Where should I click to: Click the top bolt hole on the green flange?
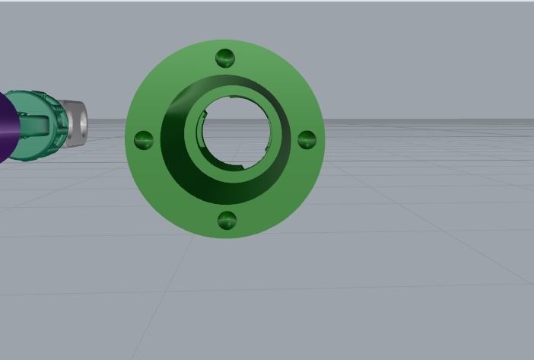pyautogui.click(x=225, y=58)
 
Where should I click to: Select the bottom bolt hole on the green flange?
pyautogui.click(x=227, y=221)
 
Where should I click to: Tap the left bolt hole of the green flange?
pyautogui.click(x=144, y=140)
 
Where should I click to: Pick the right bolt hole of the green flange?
pyautogui.click(x=307, y=139)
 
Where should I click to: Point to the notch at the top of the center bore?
pyautogui.click(x=232, y=98)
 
